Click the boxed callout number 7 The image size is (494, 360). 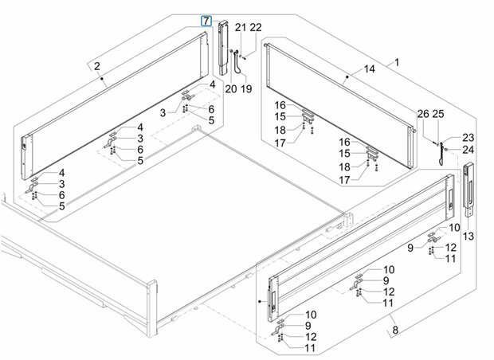[206, 21]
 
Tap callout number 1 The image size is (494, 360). [397, 62]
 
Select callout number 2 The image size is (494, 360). [96, 66]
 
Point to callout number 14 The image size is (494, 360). [370, 68]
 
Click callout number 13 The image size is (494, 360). [469, 236]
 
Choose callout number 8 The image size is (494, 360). [395, 330]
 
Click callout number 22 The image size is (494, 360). [256, 27]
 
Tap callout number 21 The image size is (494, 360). [241, 27]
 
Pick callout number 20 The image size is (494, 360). [231, 89]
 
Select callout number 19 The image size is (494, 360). [246, 89]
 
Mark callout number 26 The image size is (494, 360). [423, 114]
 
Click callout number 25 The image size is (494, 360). [438, 114]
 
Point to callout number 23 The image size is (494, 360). [469, 138]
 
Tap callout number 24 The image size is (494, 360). [469, 150]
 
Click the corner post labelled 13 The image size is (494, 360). [469, 190]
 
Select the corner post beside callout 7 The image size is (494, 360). [223, 48]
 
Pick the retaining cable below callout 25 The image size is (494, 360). [441, 155]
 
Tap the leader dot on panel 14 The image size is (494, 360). [347, 76]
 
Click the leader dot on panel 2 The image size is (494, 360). [102, 78]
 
